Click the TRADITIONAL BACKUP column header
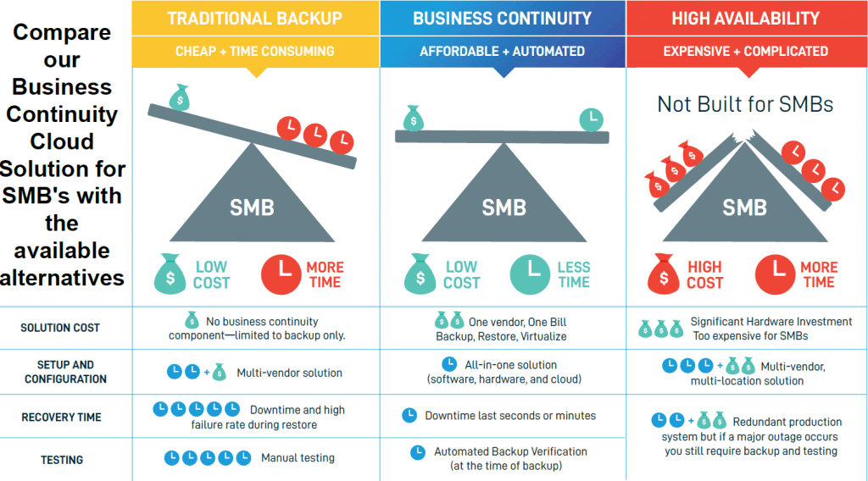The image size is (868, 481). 254,18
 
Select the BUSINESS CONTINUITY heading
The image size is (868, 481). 502,18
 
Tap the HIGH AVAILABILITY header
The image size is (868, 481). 745,18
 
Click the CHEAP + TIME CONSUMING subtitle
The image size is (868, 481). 254,51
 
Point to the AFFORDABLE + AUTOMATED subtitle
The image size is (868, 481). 502,51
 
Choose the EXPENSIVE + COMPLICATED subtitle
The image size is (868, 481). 745,51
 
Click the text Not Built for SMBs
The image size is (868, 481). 745,104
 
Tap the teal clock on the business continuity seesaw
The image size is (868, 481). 592,120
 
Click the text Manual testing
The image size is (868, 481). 297,458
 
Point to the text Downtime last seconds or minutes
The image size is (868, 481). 510,416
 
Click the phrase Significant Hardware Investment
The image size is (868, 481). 771,322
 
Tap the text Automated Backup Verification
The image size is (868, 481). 510,451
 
